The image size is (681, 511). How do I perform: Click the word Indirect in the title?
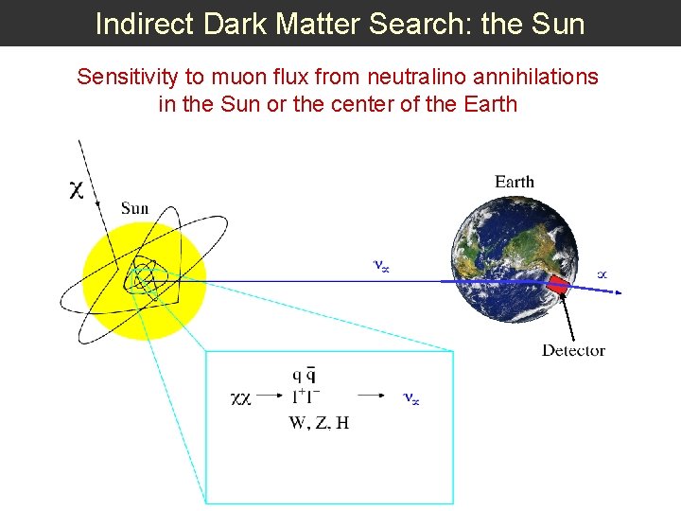point(141,24)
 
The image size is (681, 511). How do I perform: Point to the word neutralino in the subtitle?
point(392,77)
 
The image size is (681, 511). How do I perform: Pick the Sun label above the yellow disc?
point(134,208)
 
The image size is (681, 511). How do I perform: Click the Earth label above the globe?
point(515,182)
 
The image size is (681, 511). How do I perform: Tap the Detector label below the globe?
point(573,350)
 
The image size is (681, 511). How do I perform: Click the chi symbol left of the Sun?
point(77,190)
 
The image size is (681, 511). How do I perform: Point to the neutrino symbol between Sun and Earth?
point(380,267)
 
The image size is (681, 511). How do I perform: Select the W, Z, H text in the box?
point(319,423)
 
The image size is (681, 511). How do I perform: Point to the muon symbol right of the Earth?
point(602,274)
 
